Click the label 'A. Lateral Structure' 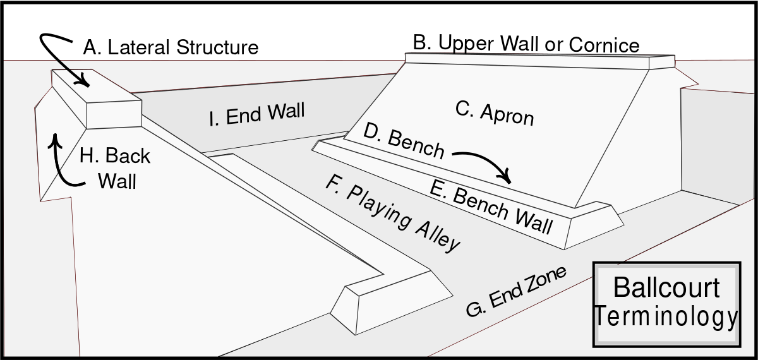point(171,47)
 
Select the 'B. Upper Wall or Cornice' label point(526,44)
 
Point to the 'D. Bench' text point(404,142)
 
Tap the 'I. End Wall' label point(256,115)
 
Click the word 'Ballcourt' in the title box point(666,287)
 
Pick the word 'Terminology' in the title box point(666,317)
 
